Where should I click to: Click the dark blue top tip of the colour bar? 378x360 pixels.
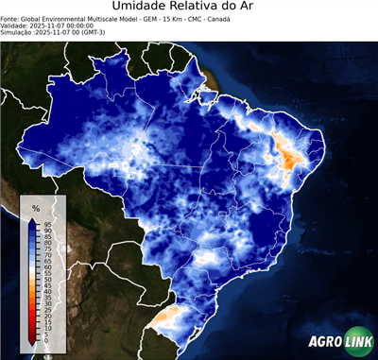33,221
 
